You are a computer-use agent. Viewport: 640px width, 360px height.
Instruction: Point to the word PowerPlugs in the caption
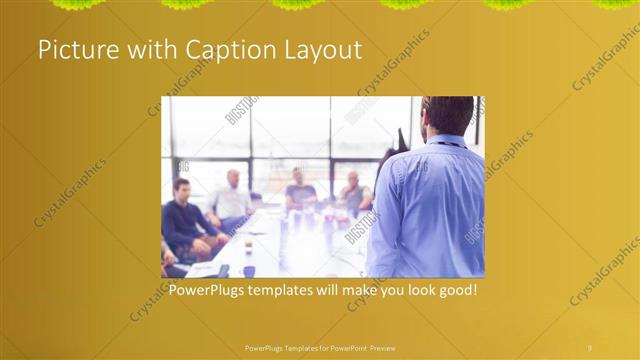pyautogui.click(x=210, y=290)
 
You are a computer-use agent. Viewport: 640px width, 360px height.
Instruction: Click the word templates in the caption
pyautogui.click(x=292, y=290)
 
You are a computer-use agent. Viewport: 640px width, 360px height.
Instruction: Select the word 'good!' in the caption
pyautogui.click(x=455, y=290)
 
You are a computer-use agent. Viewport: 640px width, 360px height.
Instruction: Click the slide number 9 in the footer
pyautogui.click(x=589, y=347)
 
